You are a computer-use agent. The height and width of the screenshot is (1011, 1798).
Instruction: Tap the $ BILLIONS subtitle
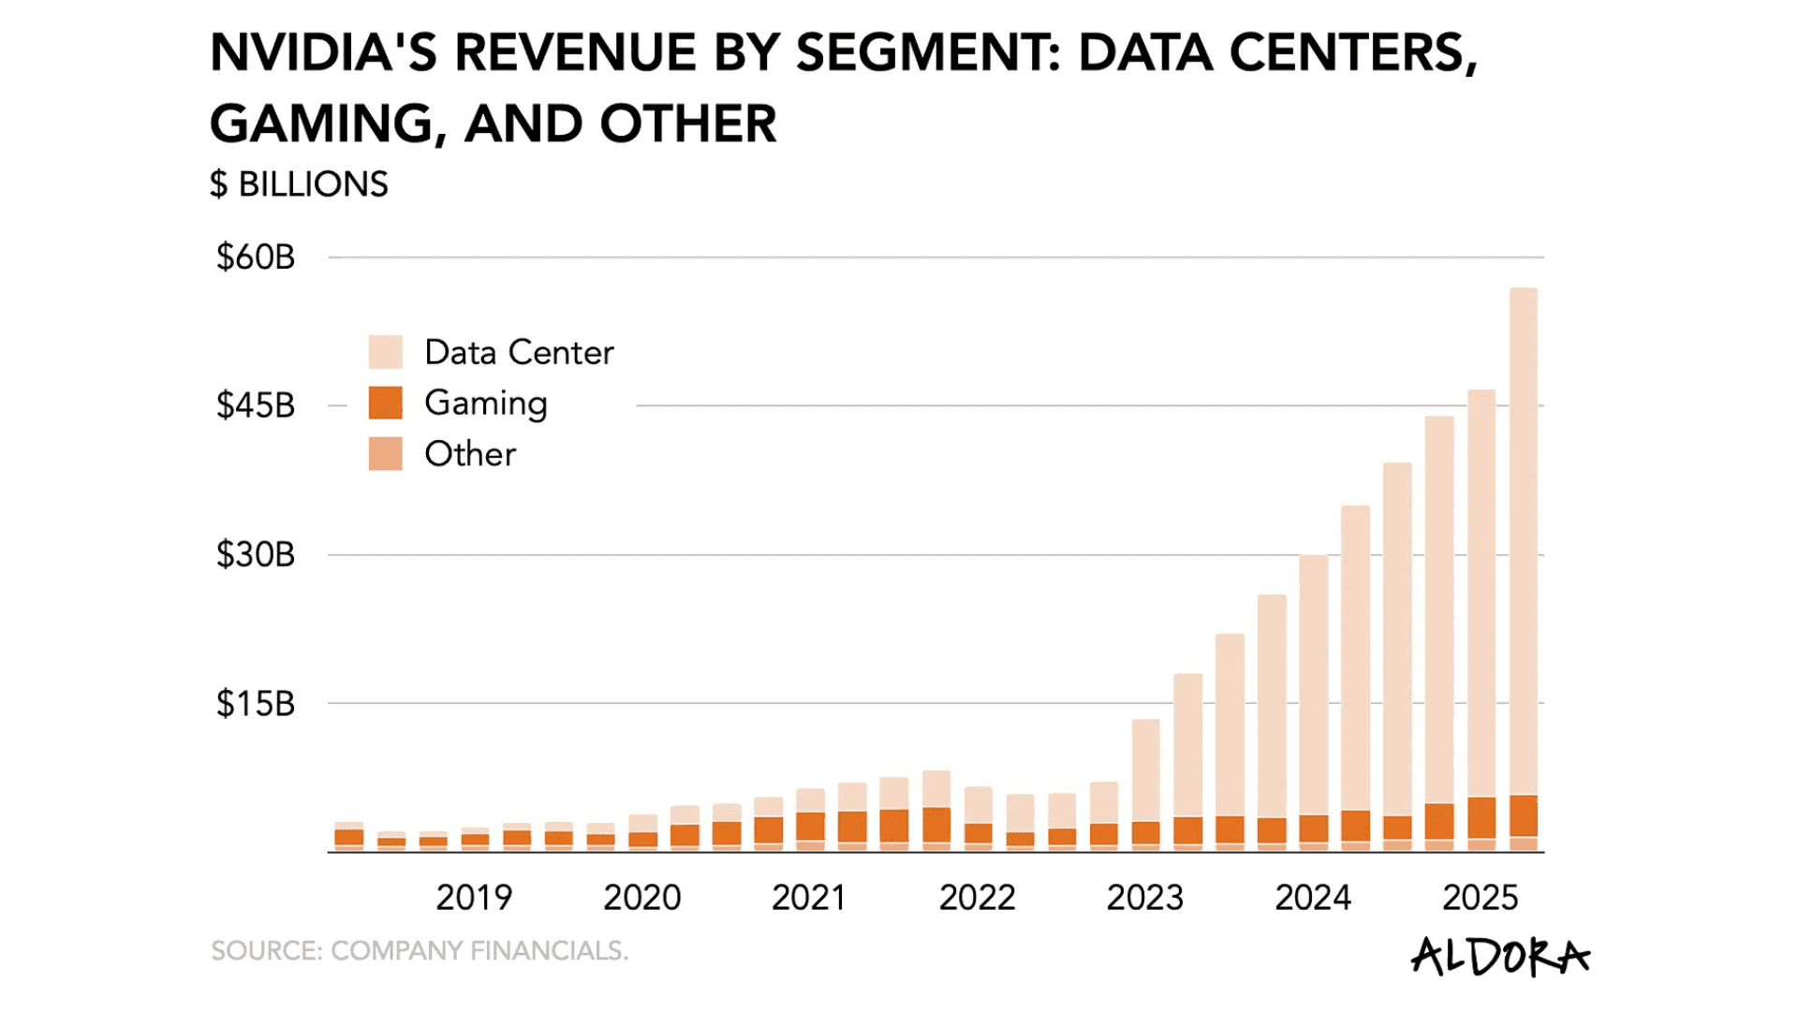[x=299, y=184]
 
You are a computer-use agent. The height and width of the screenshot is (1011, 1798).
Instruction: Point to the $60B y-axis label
[x=256, y=257]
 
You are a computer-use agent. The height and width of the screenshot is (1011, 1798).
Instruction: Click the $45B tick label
[x=256, y=405]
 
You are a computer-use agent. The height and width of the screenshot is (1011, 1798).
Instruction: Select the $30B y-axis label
[x=256, y=554]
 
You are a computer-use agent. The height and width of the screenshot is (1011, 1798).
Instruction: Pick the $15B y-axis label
[x=256, y=703]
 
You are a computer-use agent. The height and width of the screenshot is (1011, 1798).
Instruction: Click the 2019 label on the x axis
[x=474, y=898]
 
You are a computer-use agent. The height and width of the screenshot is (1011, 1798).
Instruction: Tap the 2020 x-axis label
[x=641, y=898]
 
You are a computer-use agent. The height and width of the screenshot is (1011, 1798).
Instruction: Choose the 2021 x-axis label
[x=809, y=898]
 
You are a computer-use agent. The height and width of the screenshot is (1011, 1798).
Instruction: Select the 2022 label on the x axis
[x=977, y=898]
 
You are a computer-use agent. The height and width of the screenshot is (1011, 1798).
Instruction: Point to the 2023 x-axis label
[x=1144, y=898]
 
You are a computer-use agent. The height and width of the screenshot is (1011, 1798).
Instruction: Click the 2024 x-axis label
[x=1313, y=898]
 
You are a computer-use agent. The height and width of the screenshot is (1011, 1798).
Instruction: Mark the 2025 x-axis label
[x=1480, y=898]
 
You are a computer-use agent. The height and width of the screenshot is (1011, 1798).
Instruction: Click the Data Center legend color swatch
[x=385, y=352]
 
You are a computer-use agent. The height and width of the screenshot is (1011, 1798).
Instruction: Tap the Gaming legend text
[x=485, y=403]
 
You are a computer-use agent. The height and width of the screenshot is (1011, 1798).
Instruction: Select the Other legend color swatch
[x=385, y=454]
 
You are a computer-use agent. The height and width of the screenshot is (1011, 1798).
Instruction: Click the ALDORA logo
[x=1500, y=957]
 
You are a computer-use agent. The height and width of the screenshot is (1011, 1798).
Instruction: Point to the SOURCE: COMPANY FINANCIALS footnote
[x=420, y=951]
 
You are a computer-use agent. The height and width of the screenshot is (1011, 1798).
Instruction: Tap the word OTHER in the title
[x=688, y=124]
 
